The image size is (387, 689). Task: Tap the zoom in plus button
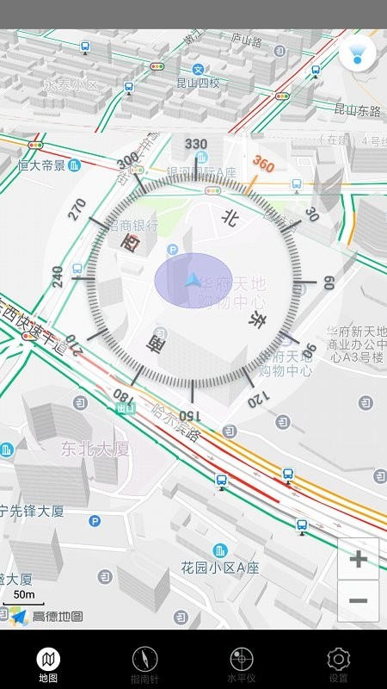click(358, 559)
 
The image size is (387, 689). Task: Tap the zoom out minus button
click(358, 600)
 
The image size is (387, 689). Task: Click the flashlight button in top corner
click(357, 53)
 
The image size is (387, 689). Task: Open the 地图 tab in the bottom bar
click(48, 665)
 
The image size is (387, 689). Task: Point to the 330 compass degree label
click(196, 144)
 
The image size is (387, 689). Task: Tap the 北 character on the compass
click(230, 219)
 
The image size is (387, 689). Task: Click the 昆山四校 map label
click(198, 84)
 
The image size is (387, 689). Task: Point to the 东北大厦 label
click(95, 448)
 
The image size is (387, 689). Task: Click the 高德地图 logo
click(47, 616)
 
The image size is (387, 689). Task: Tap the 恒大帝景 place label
click(42, 164)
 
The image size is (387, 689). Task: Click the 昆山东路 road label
click(357, 109)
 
